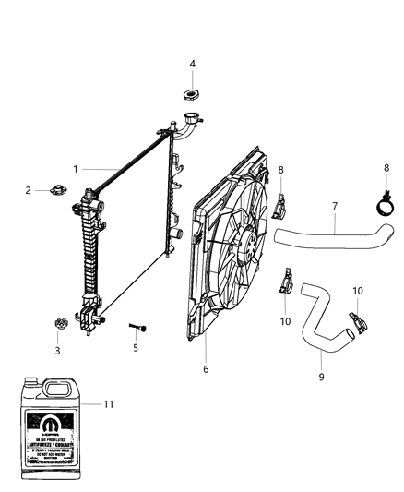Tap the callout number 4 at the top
(x=192, y=64)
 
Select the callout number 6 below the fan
(x=206, y=369)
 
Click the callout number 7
(x=336, y=207)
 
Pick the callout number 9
(x=322, y=377)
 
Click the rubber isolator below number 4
(x=192, y=95)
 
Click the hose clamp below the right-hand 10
(x=355, y=324)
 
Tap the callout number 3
(x=57, y=350)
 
